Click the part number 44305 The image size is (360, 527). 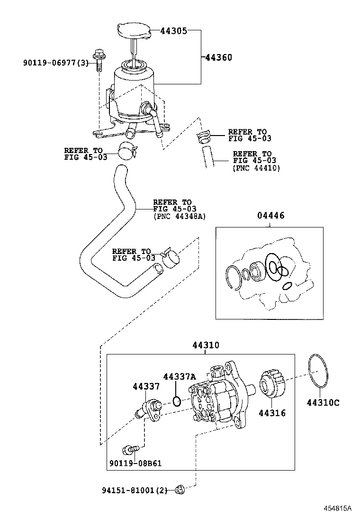click(x=173, y=31)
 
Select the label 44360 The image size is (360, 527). click(x=218, y=58)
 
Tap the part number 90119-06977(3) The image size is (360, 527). click(x=56, y=63)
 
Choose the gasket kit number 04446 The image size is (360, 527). click(x=270, y=216)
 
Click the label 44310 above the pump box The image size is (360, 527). click(x=206, y=345)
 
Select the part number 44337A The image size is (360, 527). click(x=179, y=377)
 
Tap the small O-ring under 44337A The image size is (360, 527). click(x=176, y=401)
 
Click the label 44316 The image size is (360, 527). click(x=272, y=413)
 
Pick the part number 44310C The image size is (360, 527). click(x=323, y=403)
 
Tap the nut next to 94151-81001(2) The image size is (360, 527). click(x=180, y=490)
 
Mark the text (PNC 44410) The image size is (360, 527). click(x=256, y=168)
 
